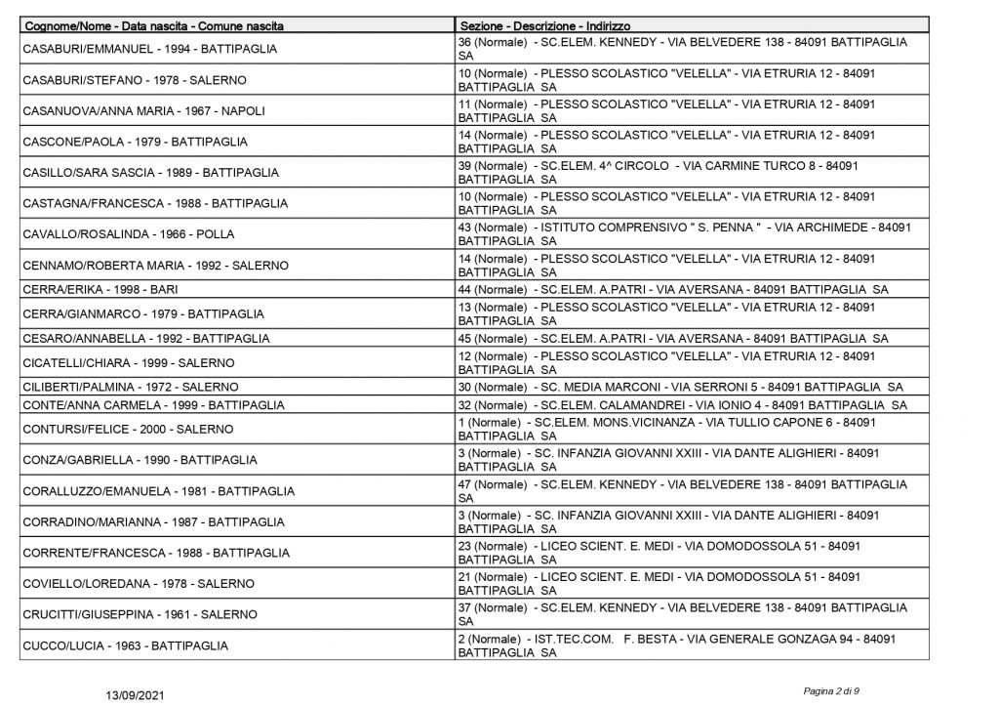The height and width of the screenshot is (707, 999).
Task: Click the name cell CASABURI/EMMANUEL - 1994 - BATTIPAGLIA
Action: click(x=150, y=49)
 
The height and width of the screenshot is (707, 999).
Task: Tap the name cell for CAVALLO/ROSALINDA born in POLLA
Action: click(x=128, y=234)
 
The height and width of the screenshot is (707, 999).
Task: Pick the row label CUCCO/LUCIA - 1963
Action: click(x=125, y=645)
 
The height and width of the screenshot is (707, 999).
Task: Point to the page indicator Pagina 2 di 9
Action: click(x=831, y=690)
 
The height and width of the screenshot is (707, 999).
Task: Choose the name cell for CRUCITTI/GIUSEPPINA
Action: click(x=140, y=614)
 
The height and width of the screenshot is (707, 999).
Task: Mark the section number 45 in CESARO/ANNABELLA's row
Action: click(x=465, y=338)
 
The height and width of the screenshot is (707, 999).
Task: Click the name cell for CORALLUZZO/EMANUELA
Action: click(x=158, y=491)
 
